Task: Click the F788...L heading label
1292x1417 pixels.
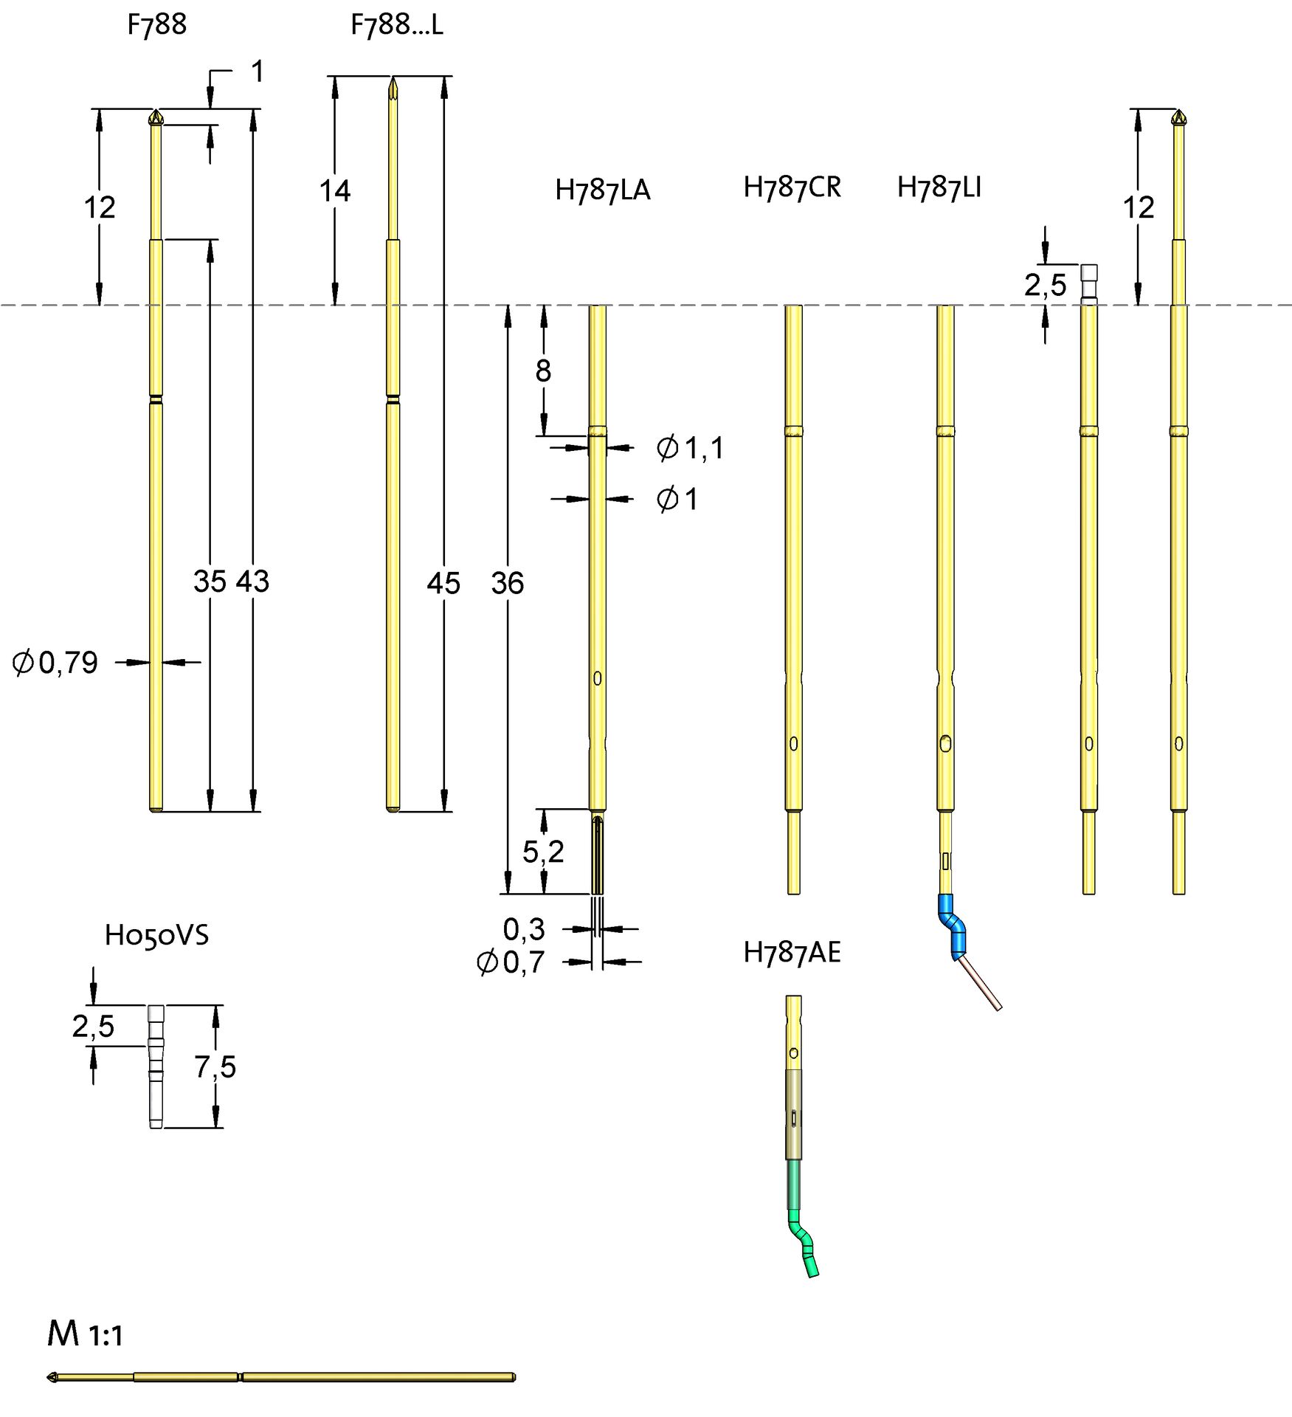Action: pyautogui.click(x=396, y=25)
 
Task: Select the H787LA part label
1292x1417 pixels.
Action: pyautogui.click(x=602, y=190)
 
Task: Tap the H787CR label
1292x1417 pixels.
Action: pyautogui.click(x=792, y=187)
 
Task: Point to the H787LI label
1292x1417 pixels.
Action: pyautogui.click(x=939, y=187)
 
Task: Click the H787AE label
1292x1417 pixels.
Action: pyautogui.click(x=792, y=953)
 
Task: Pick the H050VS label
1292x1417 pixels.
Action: pyautogui.click(x=156, y=935)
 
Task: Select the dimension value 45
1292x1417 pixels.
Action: pyautogui.click(x=443, y=583)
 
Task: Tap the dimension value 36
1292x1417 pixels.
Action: pyautogui.click(x=508, y=583)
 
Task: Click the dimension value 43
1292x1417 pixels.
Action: pyautogui.click(x=252, y=582)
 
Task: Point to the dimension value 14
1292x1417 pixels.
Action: pyautogui.click(x=334, y=191)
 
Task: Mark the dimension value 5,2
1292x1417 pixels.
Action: pyautogui.click(x=543, y=852)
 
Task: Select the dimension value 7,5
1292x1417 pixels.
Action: pyautogui.click(x=215, y=1067)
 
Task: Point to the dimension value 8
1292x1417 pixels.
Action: pyautogui.click(x=543, y=370)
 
